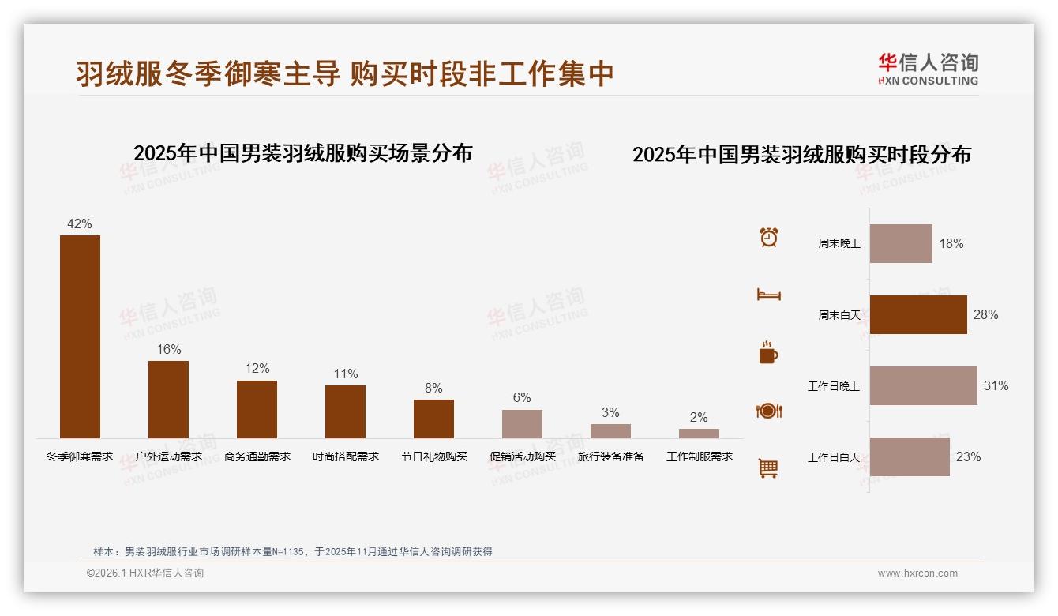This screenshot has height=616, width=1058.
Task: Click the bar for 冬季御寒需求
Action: pyautogui.click(x=80, y=336)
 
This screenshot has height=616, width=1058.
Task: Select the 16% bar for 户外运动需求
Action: pyautogui.click(x=168, y=400)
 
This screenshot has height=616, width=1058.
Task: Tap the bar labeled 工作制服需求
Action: pyautogui.click(x=699, y=434)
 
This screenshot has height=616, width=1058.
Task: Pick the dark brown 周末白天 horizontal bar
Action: pyautogui.click(x=918, y=314)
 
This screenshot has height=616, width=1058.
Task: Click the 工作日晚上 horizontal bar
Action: pyautogui.click(x=923, y=385)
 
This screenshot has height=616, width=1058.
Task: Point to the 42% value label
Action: pyautogui.click(x=80, y=224)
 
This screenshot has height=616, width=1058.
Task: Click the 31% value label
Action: pyautogui.click(x=996, y=386)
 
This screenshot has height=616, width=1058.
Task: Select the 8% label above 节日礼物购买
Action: pyautogui.click(x=433, y=389)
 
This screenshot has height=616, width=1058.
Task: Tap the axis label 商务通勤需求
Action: pyautogui.click(x=257, y=456)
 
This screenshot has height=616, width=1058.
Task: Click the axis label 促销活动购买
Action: pyautogui.click(x=523, y=456)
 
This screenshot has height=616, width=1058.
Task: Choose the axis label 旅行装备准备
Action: pyautogui.click(x=611, y=456)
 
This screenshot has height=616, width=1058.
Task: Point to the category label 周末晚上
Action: pyautogui.click(x=839, y=244)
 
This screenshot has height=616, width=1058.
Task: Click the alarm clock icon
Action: pyautogui.click(x=769, y=237)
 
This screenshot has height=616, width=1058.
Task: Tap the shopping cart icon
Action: pyautogui.click(x=768, y=468)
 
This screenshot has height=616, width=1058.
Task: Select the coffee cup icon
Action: pyautogui.click(x=768, y=352)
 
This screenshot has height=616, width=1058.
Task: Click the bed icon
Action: pyautogui.click(x=768, y=295)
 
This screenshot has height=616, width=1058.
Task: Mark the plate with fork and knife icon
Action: pyautogui.click(x=768, y=411)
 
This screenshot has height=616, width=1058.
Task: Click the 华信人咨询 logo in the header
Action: pyautogui.click(x=928, y=69)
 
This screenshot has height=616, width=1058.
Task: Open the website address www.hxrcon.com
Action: pyautogui.click(x=917, y=573)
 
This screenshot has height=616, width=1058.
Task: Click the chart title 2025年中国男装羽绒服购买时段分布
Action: pyautogui.click(x=801, y=154)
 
